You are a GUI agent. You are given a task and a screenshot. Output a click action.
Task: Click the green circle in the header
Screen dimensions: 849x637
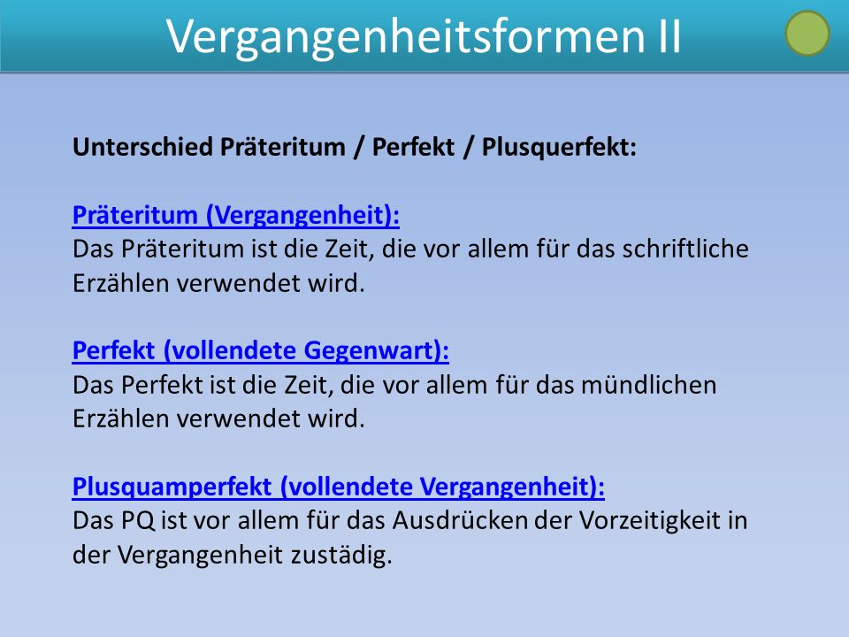807,33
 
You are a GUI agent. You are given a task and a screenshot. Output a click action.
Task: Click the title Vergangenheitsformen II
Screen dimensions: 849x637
424,36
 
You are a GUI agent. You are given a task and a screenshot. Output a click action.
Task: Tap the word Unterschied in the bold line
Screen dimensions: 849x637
143,147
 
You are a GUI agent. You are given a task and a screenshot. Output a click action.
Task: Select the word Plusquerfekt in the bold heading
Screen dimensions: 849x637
559,148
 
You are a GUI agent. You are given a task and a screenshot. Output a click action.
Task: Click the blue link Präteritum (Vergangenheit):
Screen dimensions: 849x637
236,215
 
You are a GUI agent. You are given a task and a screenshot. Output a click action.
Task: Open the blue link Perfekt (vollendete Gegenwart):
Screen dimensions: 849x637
260,350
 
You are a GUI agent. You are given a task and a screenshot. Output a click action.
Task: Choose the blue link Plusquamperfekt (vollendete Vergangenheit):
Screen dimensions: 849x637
339,487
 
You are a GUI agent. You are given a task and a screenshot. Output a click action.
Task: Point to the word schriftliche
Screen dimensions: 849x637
685,249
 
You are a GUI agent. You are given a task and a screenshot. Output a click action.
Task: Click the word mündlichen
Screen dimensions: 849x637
648,385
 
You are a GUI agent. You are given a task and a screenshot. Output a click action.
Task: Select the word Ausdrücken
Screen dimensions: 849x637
460,520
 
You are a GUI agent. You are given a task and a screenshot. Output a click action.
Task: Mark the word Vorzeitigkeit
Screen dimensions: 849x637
648,521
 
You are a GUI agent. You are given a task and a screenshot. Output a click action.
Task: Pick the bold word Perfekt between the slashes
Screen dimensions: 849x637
413,148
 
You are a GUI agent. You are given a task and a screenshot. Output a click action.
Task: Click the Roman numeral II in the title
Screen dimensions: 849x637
670,36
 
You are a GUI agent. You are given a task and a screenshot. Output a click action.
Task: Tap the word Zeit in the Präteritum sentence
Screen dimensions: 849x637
349,249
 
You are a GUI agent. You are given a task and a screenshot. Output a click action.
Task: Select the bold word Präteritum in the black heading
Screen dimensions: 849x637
283,147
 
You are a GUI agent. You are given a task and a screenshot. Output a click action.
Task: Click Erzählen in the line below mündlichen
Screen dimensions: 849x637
121,418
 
